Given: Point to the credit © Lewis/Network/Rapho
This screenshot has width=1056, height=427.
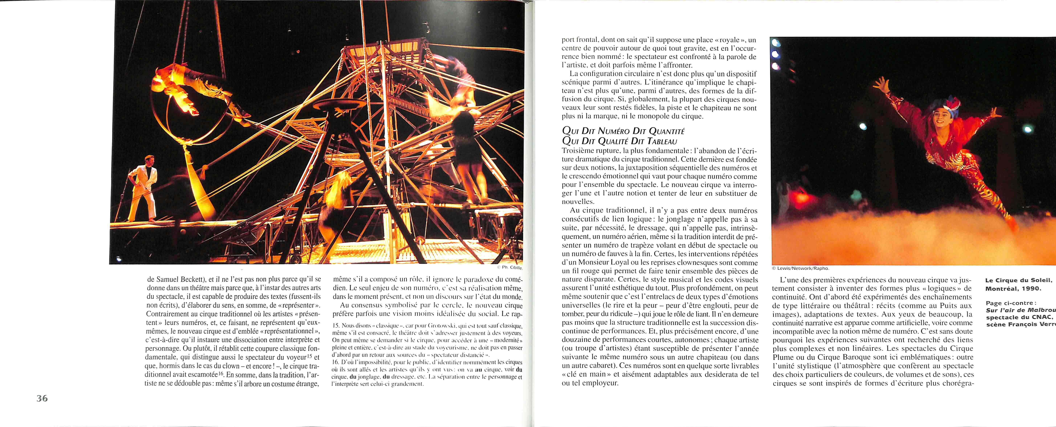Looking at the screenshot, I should [x=800, y=268].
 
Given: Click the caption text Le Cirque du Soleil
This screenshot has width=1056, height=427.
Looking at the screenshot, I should [x=1018, y=280].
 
